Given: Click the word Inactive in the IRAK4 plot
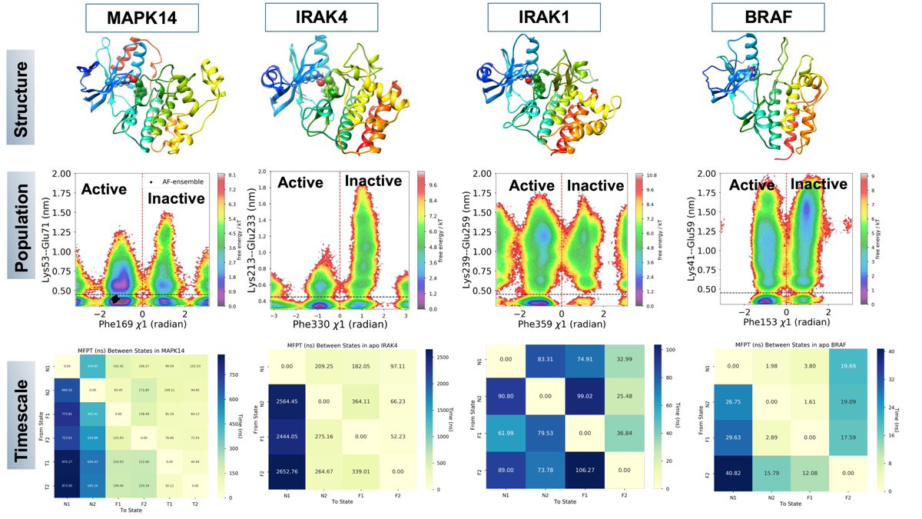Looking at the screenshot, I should click(x=373, y=181).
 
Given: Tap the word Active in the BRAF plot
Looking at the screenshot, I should click(x=751, y=185).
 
